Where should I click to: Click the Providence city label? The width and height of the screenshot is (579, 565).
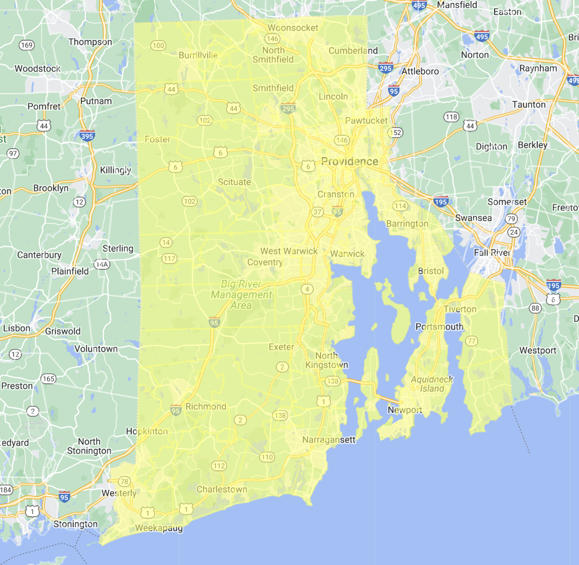(x=350, y=162)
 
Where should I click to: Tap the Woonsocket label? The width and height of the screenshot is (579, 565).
(x=293, y=28)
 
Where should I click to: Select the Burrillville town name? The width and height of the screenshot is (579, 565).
(x=198, y=55)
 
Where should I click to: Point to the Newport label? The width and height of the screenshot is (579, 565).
(x=405, y=410)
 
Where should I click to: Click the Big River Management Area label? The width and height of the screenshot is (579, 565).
(x=241, y=295)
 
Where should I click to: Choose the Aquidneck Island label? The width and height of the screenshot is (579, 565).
(x=431, y=384)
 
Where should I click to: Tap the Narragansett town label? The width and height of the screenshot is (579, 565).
(x=329, y=439)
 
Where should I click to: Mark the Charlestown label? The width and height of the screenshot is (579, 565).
(x=222, y=489)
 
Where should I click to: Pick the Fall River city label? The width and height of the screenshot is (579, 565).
(x=492, y=252)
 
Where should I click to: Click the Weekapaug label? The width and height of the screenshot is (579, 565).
(x=159, y=528)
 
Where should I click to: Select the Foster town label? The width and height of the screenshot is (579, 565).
(x=157, y=139)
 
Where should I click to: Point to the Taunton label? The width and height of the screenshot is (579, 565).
(x=529, y=104)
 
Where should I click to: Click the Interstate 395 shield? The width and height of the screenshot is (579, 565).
(x=87, y=136)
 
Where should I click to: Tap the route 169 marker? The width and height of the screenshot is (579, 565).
(x=26, y=45)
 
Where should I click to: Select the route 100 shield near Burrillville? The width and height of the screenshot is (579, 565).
(x=158, y=45)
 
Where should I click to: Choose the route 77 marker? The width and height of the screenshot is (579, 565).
(x=472, y=341)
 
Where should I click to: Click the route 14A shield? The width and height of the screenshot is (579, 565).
(x=102, y=265)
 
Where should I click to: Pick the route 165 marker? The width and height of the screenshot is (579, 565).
(x=48, y=379)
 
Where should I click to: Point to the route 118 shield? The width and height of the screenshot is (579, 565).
(x=451, y=117)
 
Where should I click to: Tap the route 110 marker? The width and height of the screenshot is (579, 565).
(x=267, y=457)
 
